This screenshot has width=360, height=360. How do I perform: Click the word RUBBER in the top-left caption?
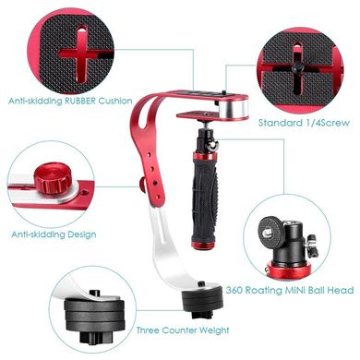79,101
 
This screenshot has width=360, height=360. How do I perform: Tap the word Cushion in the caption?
115,101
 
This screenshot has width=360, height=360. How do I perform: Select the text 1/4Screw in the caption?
327,123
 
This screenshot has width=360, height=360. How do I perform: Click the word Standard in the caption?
280,123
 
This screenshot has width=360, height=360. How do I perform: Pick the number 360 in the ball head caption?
234,290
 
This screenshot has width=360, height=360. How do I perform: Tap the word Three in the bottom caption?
148,330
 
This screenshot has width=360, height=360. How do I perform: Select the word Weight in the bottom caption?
214,330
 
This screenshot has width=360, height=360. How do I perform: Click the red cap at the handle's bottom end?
203,246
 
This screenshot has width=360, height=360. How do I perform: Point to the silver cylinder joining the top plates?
234,107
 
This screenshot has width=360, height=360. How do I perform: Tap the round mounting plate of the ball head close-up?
270,233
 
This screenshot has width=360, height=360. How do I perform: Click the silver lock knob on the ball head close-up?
311,245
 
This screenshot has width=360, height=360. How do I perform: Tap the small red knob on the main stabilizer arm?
143,185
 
